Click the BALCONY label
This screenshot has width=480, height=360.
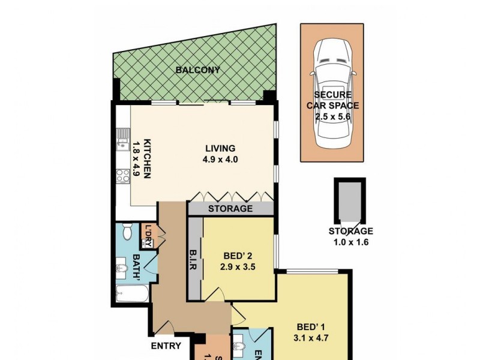click(x=197, y=70)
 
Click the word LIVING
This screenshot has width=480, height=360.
click(x=220, y=148)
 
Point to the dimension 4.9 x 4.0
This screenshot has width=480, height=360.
click(x=220, y=160)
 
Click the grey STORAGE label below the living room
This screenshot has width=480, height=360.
click(x=230, y=209)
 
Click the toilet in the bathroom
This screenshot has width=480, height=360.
click(x=125, y=231)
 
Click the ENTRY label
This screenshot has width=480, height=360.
click(x=166, y=346)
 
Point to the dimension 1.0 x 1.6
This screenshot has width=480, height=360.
click(x=350, y=242)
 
